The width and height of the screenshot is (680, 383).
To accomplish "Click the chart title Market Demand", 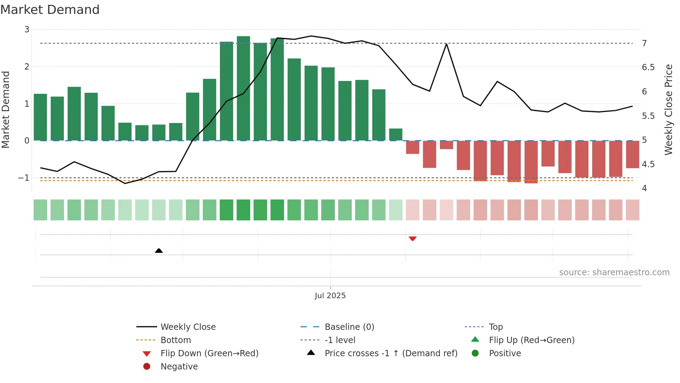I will [x=50, y=10].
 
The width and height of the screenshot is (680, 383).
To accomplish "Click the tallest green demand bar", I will [x=243, y=88].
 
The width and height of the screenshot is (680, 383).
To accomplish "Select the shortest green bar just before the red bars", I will [x=396, y=135].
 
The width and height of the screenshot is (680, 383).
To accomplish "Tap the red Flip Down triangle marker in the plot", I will [x=413, y=238].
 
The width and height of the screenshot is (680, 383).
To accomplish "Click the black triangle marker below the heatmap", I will [x=159, y=251].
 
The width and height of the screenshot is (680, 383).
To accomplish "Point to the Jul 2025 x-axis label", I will [x=330, y=295].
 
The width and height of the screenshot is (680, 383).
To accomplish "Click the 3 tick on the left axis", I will [x=27, y=30].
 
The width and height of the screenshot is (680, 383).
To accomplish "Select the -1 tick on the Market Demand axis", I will [x=24, y=178].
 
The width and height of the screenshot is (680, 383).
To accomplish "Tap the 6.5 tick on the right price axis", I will [x=648, y=67].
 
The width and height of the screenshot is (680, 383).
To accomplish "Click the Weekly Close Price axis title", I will [x=668, y=109].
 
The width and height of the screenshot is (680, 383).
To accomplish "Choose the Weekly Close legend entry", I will [x=188, y=327].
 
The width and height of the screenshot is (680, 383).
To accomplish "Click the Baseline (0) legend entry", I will [x=349, y=327].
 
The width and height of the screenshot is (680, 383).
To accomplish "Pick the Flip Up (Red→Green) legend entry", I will [x=531, y=340].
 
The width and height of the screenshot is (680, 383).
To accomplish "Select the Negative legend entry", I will [x=179, y=366].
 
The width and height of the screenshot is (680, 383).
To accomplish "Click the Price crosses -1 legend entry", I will [x=391, y=353].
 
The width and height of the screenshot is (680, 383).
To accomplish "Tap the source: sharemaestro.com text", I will [x=614, y=272].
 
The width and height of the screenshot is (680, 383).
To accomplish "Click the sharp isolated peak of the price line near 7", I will [x=447, y=44].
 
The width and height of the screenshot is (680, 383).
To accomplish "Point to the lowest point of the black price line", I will [x=125, y=183].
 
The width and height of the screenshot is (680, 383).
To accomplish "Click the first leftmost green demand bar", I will [x=40, y=117].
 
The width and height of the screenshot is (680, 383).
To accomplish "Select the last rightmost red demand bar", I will [x=632, y=154].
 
